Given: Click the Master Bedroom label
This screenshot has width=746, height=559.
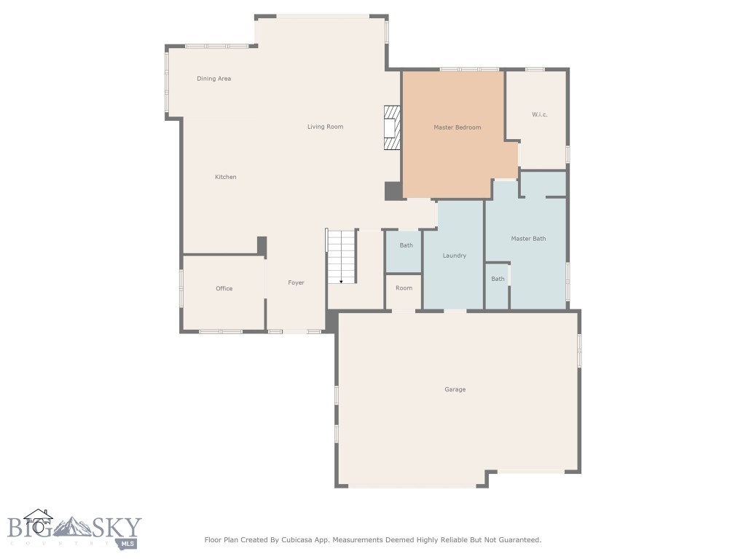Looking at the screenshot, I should click(x=457, y=127).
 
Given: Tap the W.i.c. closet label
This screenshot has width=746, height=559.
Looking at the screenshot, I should click(x=539, y=115).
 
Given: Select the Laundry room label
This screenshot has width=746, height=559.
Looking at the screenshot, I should click(x=454, y=255).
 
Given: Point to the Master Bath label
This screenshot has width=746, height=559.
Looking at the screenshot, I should click(x=528, y=239).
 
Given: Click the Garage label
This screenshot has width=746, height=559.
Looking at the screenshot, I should click(x=455, y=389).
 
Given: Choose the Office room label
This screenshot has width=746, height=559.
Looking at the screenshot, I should click(x=224, y=289).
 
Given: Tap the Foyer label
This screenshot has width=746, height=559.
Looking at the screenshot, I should click(x=296, y=282).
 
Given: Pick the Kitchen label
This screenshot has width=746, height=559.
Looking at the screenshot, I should click(x=225, y=177).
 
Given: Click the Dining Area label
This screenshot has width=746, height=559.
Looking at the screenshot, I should click(x=213, y=79).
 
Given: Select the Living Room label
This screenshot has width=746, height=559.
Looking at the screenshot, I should click(x=325, y=127).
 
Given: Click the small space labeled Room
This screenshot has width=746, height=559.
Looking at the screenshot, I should click(x=404, y=288).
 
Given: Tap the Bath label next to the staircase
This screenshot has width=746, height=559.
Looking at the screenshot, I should click(x=406, y=245).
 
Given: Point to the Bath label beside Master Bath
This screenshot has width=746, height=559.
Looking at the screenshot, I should click(x=498, y=279).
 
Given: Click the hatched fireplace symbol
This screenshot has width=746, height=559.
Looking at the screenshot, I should click(x=393, y=128).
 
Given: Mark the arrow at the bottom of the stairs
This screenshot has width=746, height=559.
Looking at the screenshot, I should click(x=341, y=280).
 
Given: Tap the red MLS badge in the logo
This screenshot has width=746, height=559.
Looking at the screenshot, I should click(x=129, y=543).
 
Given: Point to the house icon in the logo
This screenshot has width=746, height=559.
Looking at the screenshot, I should click(x=38, y=519).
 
